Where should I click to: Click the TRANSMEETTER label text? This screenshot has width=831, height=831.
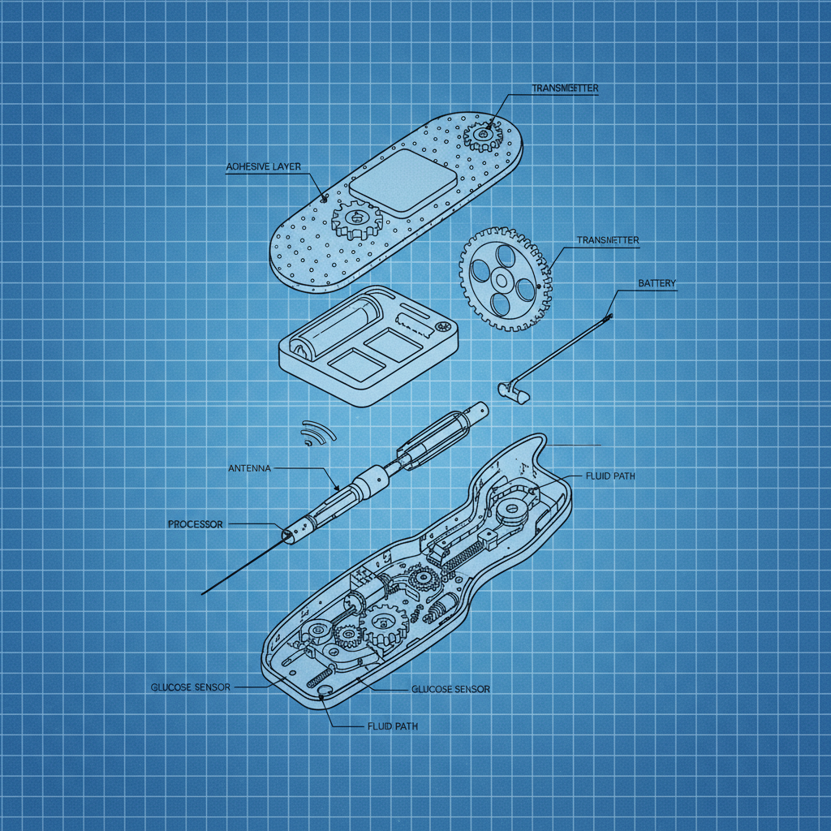click(565, 88)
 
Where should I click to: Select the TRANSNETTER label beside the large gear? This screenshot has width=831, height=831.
click(607, 240)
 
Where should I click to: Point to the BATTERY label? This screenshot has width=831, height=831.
click(657, 283)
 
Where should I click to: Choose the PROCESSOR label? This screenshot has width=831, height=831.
click(195, 524)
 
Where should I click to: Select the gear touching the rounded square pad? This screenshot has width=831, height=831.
click(355, 219)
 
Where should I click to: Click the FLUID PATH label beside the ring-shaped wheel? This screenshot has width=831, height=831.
click(609, 476)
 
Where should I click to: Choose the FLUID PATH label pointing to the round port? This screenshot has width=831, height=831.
click(392, 726)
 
